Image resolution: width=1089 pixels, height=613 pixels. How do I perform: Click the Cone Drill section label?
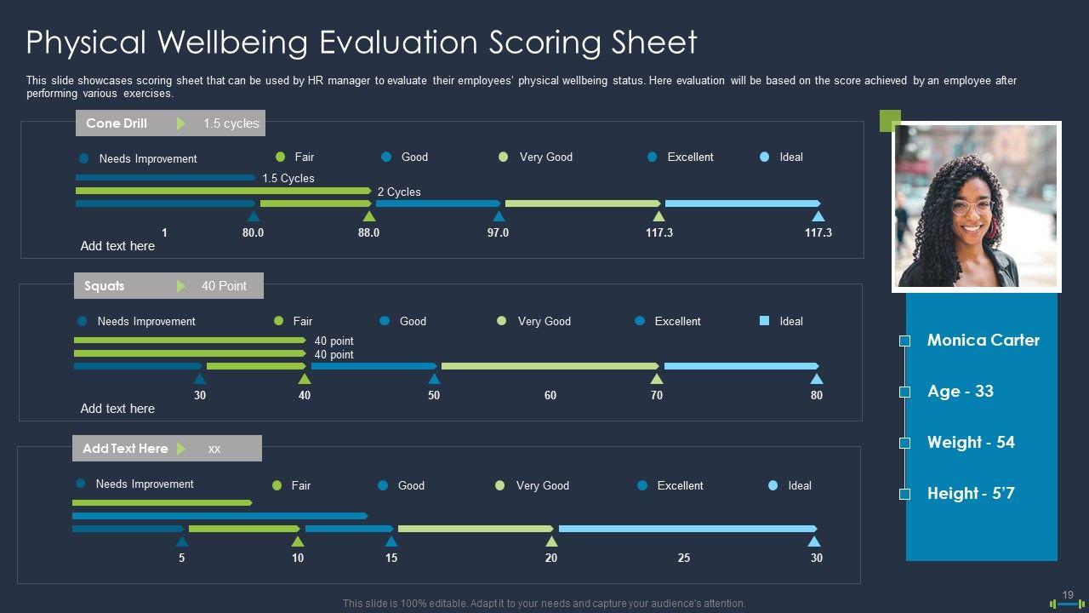point(117,123)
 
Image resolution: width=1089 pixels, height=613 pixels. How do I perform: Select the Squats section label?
point(105,286)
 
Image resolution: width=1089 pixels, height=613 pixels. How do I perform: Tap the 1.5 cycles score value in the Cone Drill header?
point(231,123)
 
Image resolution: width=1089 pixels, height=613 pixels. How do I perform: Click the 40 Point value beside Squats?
point(224,286)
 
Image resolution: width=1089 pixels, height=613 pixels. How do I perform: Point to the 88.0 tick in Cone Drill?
point(368,232)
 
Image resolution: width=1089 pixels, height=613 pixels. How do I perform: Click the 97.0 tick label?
point(498,232)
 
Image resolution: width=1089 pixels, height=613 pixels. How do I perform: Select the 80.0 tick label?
point(253,232)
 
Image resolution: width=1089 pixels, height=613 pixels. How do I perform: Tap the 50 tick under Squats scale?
point(434,395)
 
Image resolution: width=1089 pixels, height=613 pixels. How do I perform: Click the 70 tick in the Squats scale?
point(657,395)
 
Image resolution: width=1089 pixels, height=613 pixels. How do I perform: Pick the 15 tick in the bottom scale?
point(391,558)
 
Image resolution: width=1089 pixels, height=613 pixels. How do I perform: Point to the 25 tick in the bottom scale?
point(684,558)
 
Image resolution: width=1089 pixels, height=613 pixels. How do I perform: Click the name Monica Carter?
point(983,340)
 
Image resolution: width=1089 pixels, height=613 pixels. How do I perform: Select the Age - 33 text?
point(960,391)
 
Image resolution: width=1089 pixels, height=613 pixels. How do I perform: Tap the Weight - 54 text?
point(971,442)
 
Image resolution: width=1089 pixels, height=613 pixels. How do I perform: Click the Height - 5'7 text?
point(971,493)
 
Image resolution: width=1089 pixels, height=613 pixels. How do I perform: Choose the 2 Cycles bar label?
point(399,192)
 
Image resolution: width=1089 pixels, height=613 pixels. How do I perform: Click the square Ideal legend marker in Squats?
point(764,321)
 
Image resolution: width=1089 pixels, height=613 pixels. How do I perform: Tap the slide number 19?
point(1068,595)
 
